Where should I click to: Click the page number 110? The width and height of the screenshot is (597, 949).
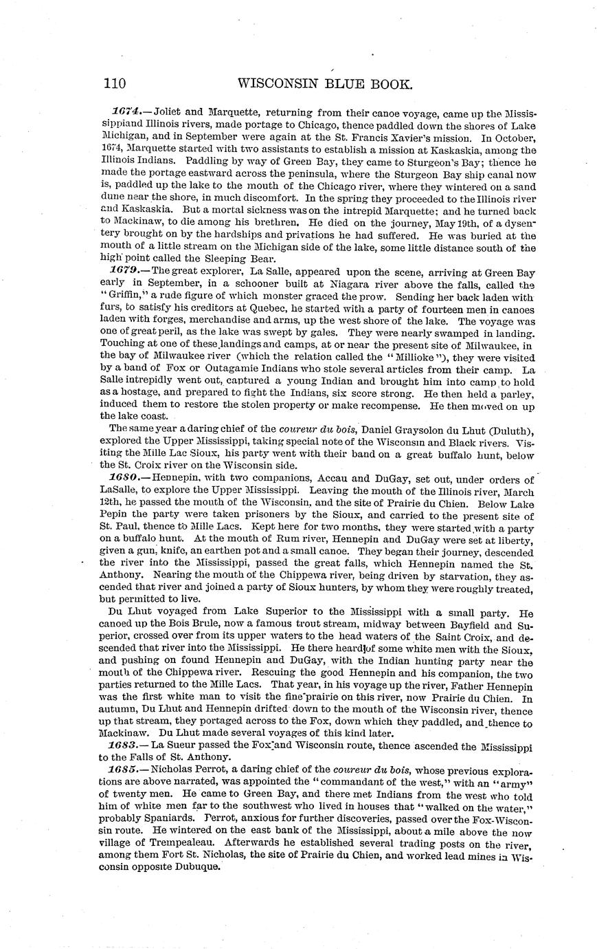pyautogui.click(x=115, y=84)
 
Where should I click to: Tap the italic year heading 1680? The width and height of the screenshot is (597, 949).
pyautogui.click(x=125, y=479)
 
